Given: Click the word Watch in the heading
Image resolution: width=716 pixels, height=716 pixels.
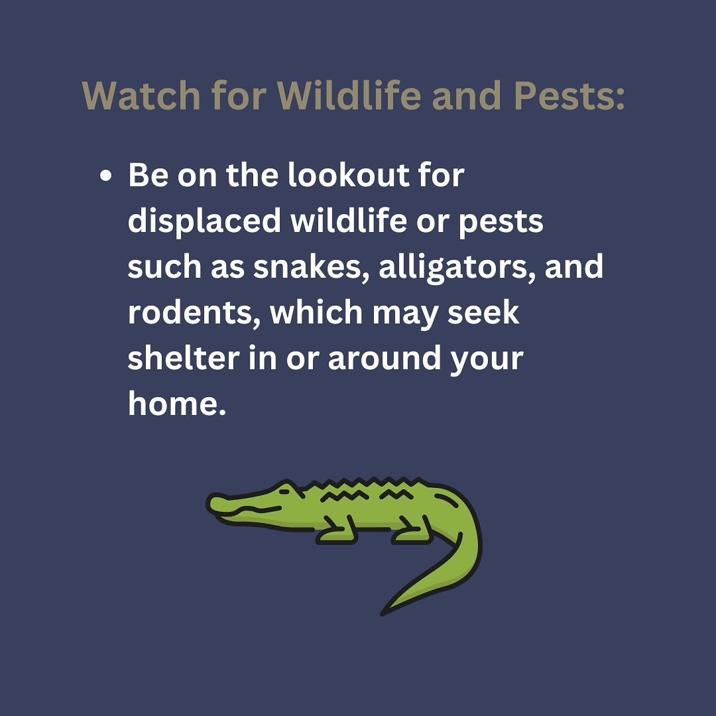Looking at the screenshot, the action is tap(141, 95).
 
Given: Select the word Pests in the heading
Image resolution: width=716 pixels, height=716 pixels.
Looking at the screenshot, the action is tap(569, 95).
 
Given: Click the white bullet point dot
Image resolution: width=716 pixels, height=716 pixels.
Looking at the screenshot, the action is tap(105, 176).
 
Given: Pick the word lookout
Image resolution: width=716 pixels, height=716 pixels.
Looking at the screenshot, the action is tap(349, 175).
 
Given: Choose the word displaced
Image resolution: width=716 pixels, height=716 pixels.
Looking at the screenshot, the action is tap(204, 222).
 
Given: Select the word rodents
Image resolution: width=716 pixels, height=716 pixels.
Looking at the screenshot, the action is tap(194, 313).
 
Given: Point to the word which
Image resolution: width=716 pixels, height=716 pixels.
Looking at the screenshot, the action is tap(316, 312).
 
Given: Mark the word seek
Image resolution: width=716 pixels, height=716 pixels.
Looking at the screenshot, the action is tap(483, 312).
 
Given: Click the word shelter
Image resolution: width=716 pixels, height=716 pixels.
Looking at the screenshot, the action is tap(184, 358).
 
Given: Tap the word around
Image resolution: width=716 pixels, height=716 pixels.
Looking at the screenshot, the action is tap(385, 358).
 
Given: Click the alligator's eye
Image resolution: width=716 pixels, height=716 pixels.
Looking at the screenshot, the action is tap(284, 491).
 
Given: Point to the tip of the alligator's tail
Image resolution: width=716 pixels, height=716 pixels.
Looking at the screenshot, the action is tap(383, 614).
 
